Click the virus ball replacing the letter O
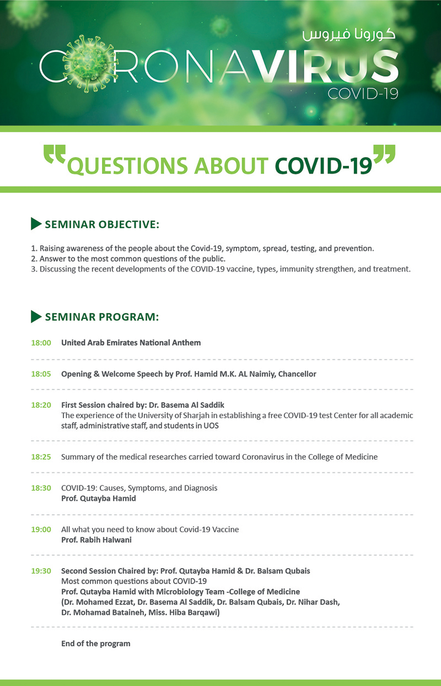coord(88,64)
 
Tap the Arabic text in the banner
coord(349,35)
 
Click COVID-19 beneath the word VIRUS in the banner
coord(363,93)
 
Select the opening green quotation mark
coord(55,154)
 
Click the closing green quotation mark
coord(384,154)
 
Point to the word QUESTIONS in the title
coord(127,166)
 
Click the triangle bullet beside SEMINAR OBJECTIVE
coord(36,224)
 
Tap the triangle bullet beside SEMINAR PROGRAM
coord(36,316)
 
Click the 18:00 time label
coord(41,343)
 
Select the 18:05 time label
coord(41,374)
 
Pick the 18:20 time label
coord(41,405)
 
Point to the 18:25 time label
coord(41,457)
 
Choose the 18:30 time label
coord(41,488)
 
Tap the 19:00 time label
coord(41,529)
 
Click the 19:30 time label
coord(41,571)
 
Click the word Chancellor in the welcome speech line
coord(297,374)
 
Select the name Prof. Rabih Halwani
coord(96,539)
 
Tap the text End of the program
coord(96,644)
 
